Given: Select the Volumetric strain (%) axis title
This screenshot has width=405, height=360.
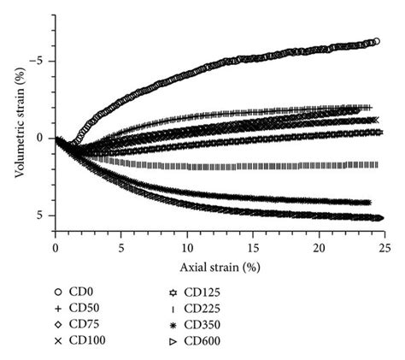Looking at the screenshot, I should click(x=20, y=122).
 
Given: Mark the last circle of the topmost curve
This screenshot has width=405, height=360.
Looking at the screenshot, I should click(x=375, y=41).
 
